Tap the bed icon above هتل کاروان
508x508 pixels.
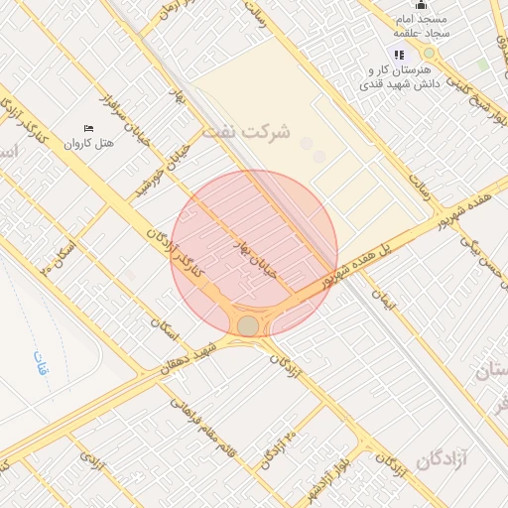click(x=88, y=129)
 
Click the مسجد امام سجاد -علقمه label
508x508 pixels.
click(x=422, y=27)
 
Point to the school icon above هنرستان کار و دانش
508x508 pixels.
click(x=398, y=56)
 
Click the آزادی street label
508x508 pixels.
click(x=91, y=461)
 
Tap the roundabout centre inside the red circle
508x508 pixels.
click(x=248, y=326)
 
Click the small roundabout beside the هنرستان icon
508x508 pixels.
click(x=429, y=53)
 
